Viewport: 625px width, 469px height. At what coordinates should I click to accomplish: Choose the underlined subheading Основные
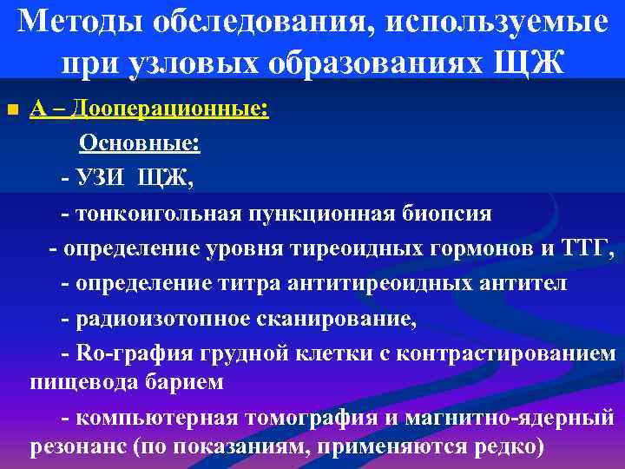pos(140,144)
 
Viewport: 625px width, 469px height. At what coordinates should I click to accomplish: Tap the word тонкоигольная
pos(159,214)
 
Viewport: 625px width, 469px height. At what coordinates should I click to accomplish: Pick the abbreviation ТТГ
pos(589,248)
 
